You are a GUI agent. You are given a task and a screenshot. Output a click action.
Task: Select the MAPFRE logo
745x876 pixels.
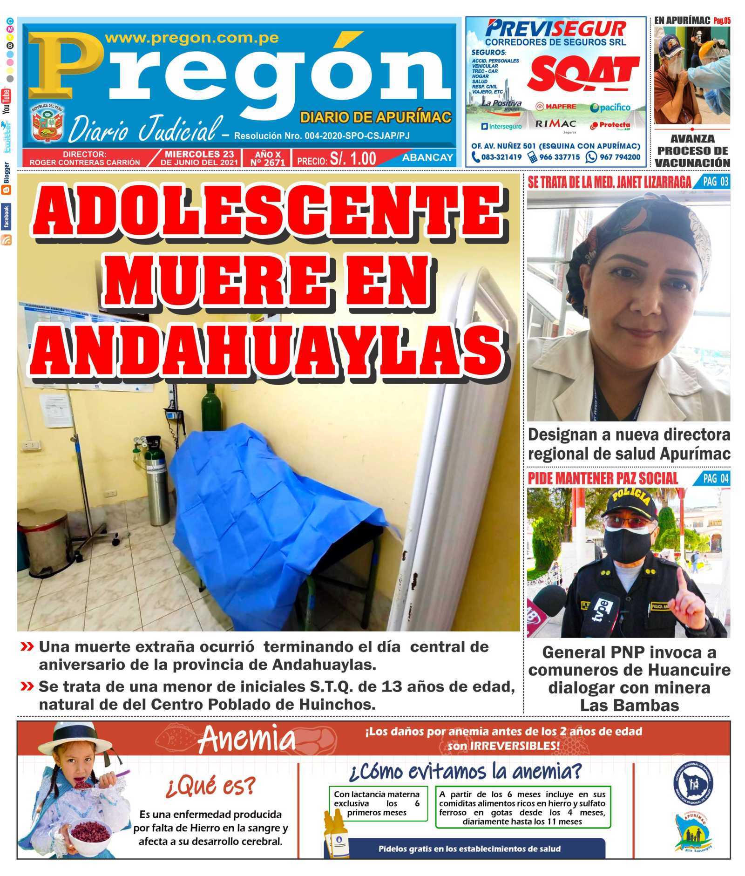[555, 107]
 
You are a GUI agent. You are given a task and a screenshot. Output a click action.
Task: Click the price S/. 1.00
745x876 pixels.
[352, 159]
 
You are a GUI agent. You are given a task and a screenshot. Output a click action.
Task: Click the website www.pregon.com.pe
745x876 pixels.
[192, 38]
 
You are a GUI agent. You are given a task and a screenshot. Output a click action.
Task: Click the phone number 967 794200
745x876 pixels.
[619, 157]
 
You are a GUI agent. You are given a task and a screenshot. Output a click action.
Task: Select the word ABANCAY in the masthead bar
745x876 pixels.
[427, 157]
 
